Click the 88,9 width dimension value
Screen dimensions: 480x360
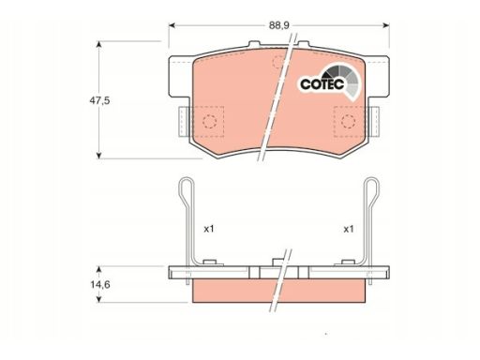tap(279, 25)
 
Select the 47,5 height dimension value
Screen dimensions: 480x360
tap(99, 100)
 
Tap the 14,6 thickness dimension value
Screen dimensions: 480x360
tap(100, 285)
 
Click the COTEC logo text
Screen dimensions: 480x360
tap(322, 84)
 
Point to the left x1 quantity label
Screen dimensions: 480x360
tap(209, 229)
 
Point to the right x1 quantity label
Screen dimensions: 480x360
tap(349, 229)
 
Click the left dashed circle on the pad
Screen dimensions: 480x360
tap(209, 121)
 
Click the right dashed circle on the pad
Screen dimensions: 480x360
tap(348, 121)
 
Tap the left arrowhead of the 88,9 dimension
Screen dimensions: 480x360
tap(172, 25)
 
